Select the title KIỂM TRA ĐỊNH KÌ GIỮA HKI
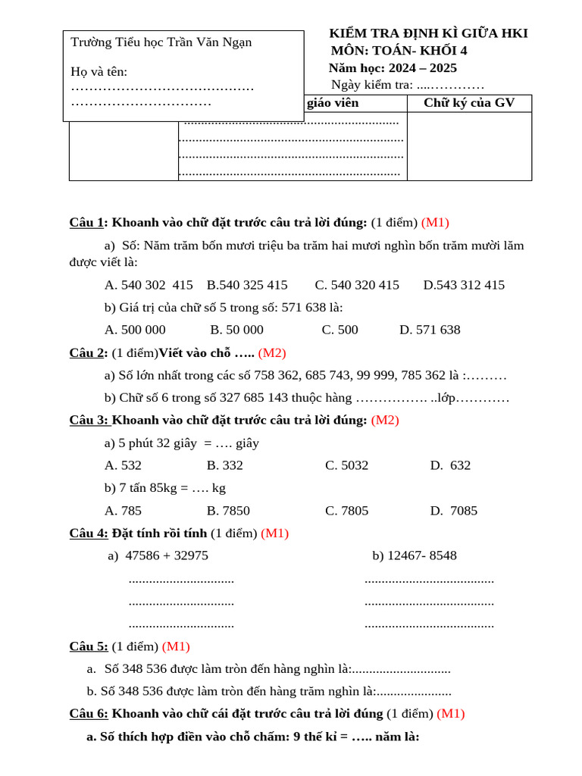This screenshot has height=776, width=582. pos(428,33)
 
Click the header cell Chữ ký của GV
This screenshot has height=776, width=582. pos(469,103)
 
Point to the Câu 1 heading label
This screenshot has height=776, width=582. pos(86,222)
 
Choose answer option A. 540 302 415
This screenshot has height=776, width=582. pos(149,285)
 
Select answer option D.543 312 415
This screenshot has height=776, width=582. pos(464,285)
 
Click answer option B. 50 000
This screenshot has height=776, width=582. pos(236,330)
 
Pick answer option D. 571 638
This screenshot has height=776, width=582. pos(430,330)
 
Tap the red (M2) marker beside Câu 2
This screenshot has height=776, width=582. pos(272,352)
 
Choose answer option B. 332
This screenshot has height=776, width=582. pos(224,465)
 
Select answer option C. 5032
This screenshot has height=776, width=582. pos(346,465)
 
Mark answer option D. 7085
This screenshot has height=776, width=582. pos(453,510)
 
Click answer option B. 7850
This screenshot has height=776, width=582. pos(228,510)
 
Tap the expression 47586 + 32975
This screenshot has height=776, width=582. pos(167,555)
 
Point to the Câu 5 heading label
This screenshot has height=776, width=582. pos(89,646)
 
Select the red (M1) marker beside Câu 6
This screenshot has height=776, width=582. pos(451,713)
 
